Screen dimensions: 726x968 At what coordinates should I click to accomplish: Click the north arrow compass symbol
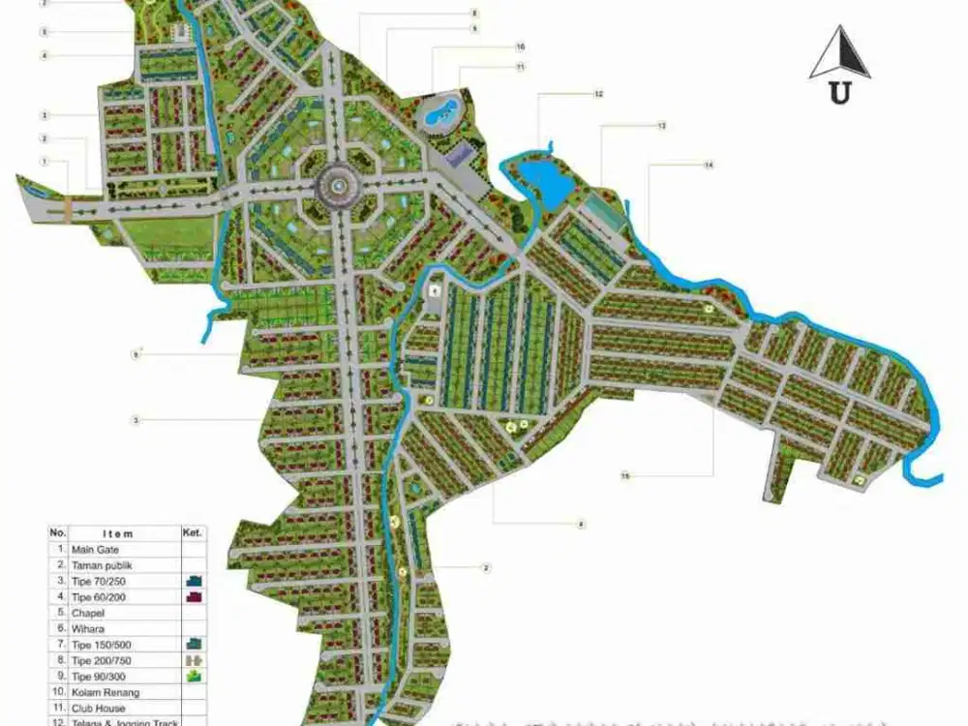[839, 55]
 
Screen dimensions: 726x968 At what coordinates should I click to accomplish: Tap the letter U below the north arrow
[839, 93]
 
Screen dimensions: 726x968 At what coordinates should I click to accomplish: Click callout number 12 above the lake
[598, 94]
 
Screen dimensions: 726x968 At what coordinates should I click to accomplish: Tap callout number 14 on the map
[708, 166]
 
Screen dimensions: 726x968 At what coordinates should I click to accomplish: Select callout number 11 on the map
[520, 67]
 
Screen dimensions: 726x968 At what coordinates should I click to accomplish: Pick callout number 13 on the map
[661, 126]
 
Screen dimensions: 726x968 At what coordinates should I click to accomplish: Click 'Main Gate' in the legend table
[95, 549]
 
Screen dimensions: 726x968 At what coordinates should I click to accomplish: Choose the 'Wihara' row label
[88, 628]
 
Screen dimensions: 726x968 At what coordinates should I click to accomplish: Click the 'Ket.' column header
[192, 532]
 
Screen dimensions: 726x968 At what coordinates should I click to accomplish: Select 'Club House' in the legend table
[98, 708]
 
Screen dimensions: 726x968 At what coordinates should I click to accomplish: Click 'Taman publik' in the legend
[100, 564]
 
